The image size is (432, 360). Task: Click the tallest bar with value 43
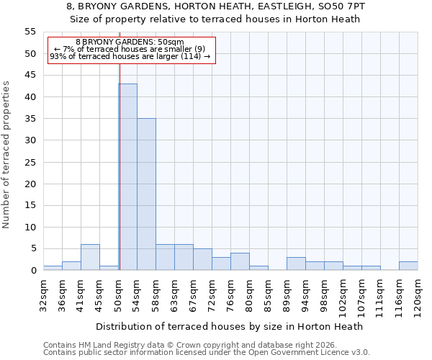point(127,177)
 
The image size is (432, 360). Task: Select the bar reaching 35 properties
point(146,194)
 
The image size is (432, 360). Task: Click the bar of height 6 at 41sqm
point(90,257)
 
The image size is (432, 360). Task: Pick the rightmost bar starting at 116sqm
point(408,266)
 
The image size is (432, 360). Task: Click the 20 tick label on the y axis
point(30,184)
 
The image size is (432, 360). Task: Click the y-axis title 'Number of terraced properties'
point(6,154)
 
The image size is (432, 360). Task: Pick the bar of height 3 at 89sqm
point(296,264)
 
